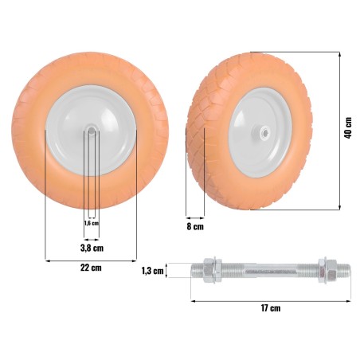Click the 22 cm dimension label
coord(91,269)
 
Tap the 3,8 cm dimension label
coord(92,248)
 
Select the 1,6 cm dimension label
coord(91,224)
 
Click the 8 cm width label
coord(194,227)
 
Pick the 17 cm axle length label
coord(270,307)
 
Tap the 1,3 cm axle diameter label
coord(152,271)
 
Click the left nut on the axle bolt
coord(213,271)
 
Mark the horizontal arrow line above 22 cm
coord(91,259)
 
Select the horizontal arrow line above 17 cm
coord(270,299)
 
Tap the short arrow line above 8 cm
coord(195,216)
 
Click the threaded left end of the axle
coord(198,271)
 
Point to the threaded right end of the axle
coord(340,271)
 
